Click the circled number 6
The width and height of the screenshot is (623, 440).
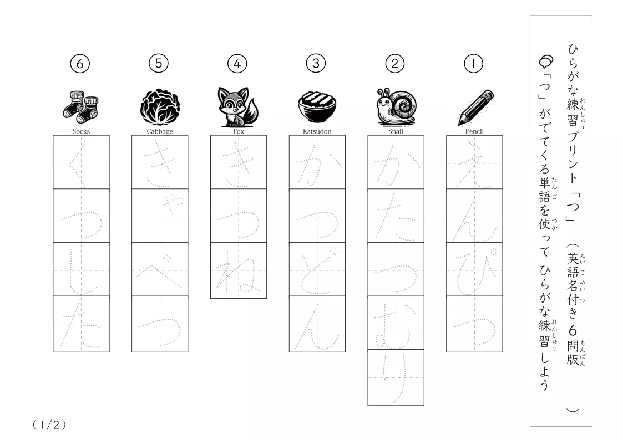click(x=80, y=64)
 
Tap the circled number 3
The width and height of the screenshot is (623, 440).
click(x=316, y=63)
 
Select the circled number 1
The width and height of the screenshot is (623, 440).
click(x=473, y=64)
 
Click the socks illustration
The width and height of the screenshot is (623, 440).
click(x=80, y=106)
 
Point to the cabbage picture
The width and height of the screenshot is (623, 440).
click(x=160, y=106)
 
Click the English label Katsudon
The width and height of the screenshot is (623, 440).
click(x=317, y=131)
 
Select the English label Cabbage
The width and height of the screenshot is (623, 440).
click(x=160, y=131)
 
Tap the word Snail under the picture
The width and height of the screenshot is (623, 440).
click(x=396, y=131)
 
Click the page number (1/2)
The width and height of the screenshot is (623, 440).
click(x=49, y=425)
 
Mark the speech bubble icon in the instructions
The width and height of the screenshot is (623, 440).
click(x=546, y=61)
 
